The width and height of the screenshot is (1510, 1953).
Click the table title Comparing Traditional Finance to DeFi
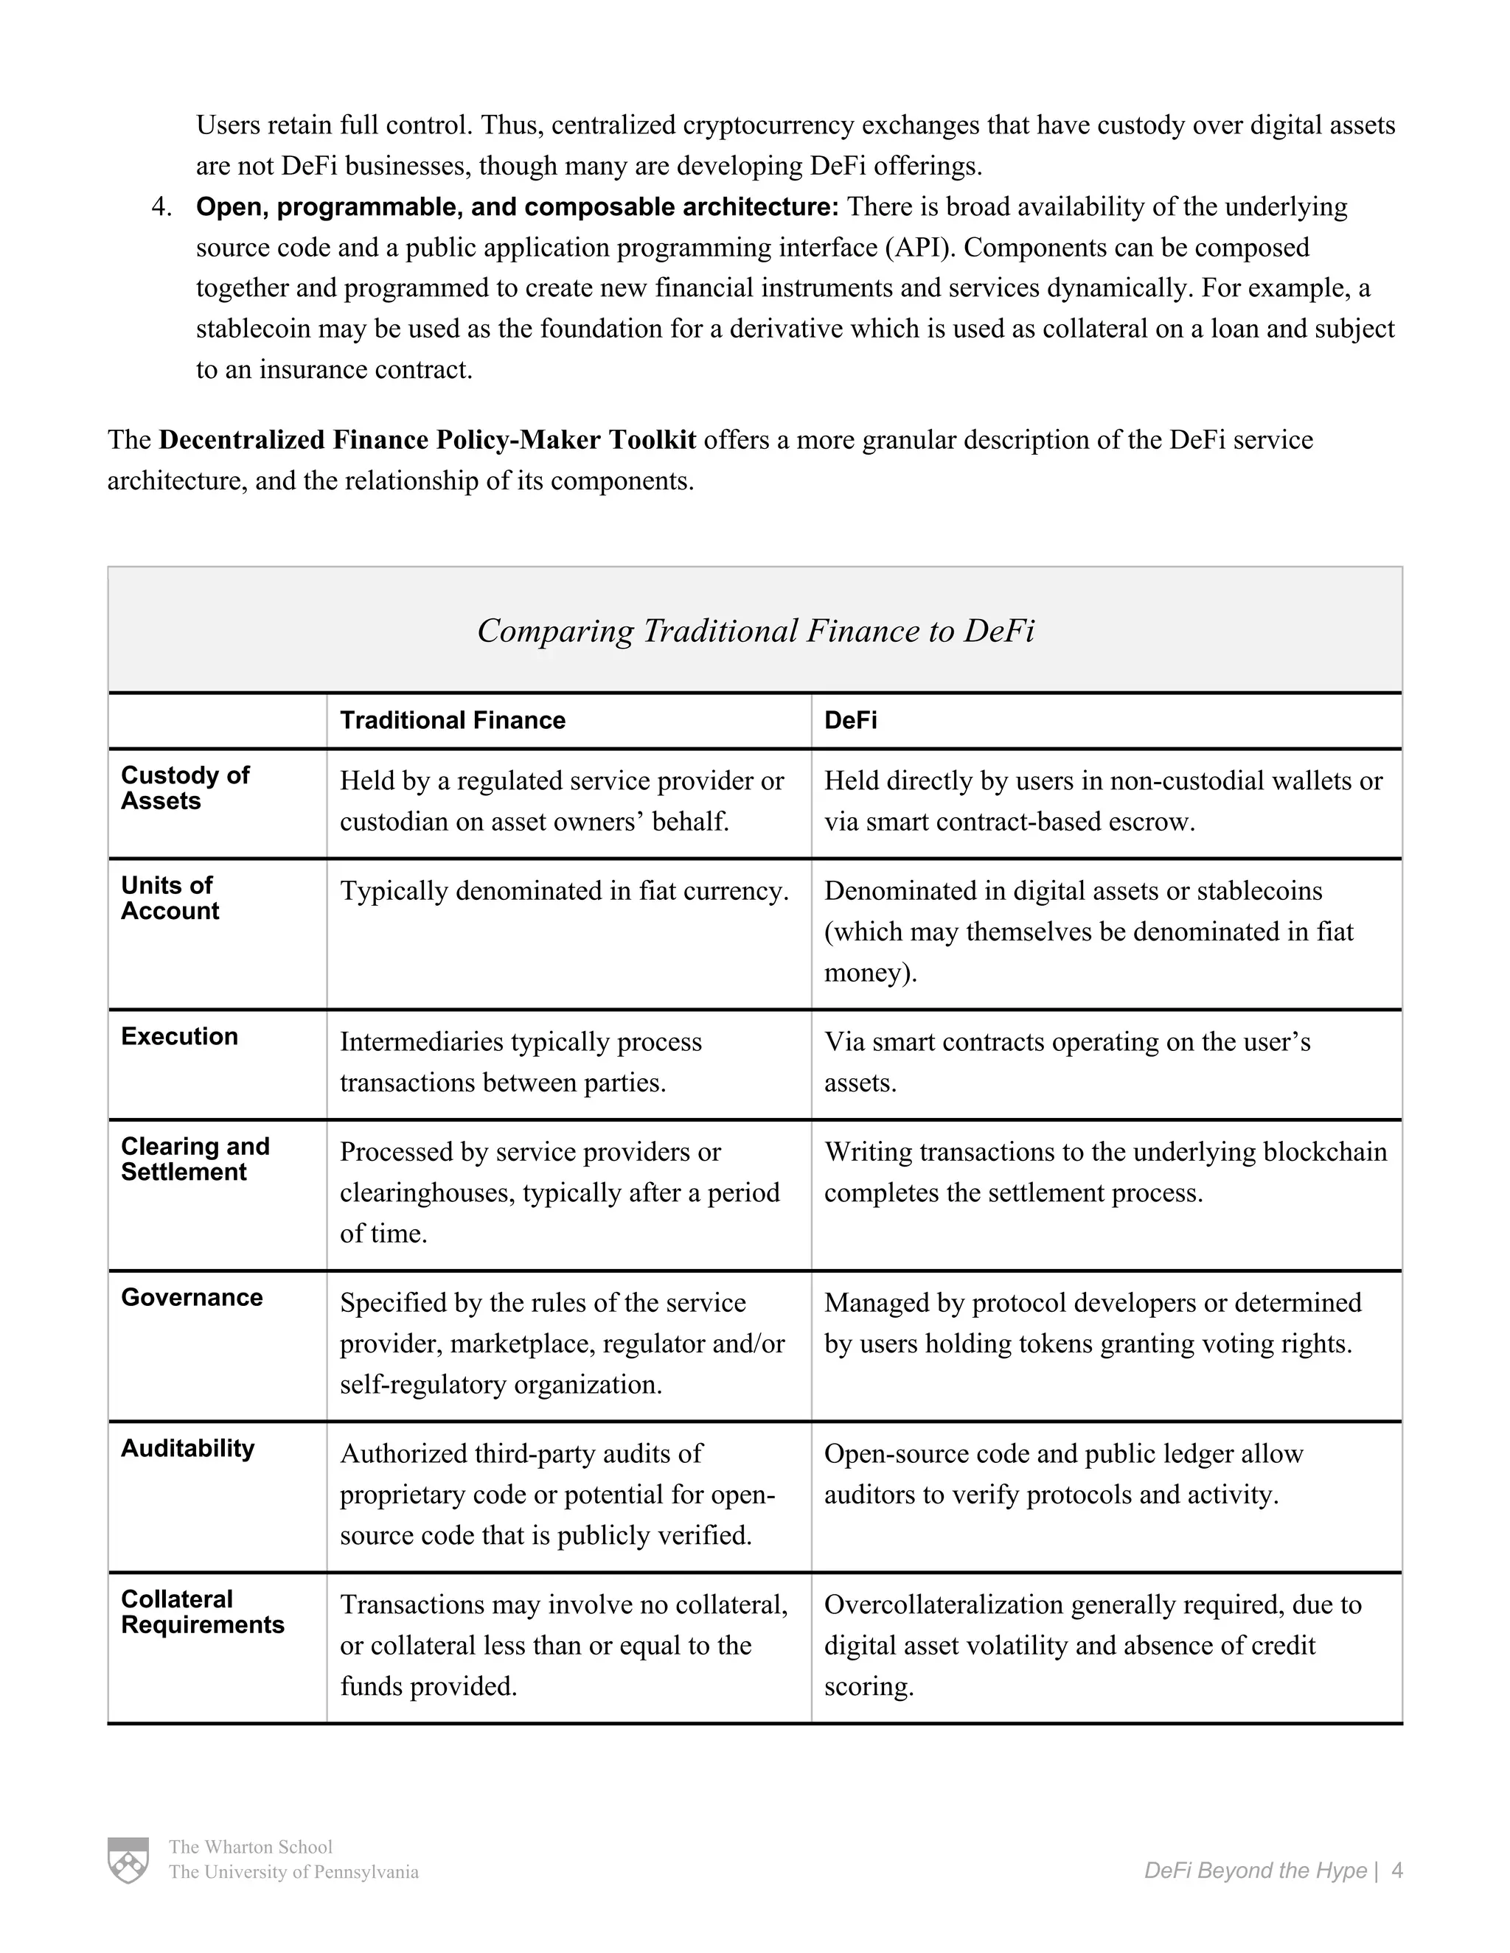[755, 630]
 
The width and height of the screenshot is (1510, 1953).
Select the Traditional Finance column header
[453, 721]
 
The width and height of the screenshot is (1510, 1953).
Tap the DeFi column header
[850, 721]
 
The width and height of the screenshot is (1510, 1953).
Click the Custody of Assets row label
[185, 788]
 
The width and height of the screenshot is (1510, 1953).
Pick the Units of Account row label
[170, 898]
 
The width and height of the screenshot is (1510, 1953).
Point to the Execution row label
[180, 1036]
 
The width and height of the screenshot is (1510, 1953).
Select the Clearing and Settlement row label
[195, 1159]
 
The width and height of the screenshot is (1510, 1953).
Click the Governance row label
[192, 1298]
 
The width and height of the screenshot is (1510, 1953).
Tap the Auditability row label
[188, 1449]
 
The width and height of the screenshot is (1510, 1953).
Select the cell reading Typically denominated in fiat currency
[563, 891]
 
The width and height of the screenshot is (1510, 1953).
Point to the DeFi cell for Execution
[1066, 1061]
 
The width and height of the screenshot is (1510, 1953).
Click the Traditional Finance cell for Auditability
[557, 1495]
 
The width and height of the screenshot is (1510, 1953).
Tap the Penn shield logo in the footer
[128, 1860]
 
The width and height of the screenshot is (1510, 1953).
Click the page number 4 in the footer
[1397, 1870]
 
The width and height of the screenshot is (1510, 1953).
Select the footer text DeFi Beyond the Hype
[1255, 1870]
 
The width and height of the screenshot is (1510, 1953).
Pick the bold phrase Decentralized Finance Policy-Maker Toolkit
[427, 440]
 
